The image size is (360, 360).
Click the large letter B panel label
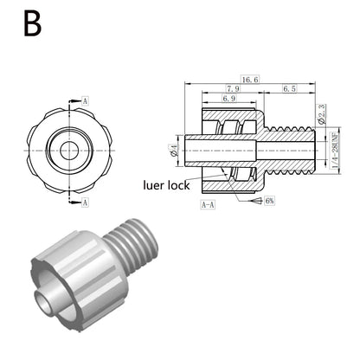click(x=32, y=23)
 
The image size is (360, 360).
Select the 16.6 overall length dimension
click(x=250, y=80)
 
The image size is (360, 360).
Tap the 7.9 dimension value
click(x=233, y=88)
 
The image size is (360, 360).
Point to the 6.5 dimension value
click(x=289, y=88)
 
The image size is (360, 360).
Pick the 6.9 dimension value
click(x=229, y=99)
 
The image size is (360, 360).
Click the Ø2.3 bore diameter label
click(x=321, y=114)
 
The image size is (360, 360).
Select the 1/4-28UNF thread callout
click(x=335, y=151)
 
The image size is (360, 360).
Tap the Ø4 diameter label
click(x=174, y=151)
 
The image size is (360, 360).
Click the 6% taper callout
click(x=269, y=201)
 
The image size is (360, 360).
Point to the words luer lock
click(x=166, y=185)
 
